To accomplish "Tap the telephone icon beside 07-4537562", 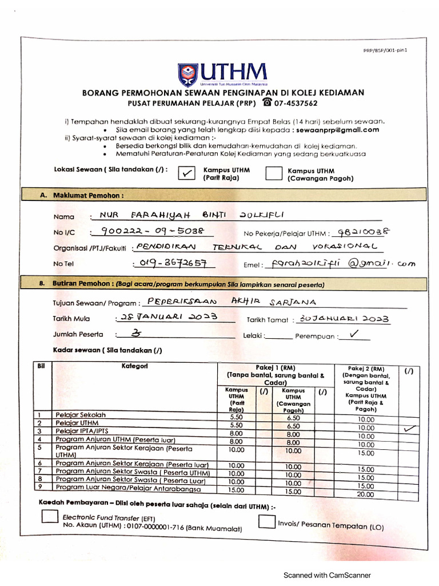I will click(267, 102).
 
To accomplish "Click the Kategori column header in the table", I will click(135, 366).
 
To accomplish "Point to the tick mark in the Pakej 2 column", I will click(409, 428).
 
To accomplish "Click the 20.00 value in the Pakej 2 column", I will click(366, 494).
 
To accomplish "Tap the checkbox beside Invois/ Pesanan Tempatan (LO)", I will click(266, 521).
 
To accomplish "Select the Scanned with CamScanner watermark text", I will click(328, 575).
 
